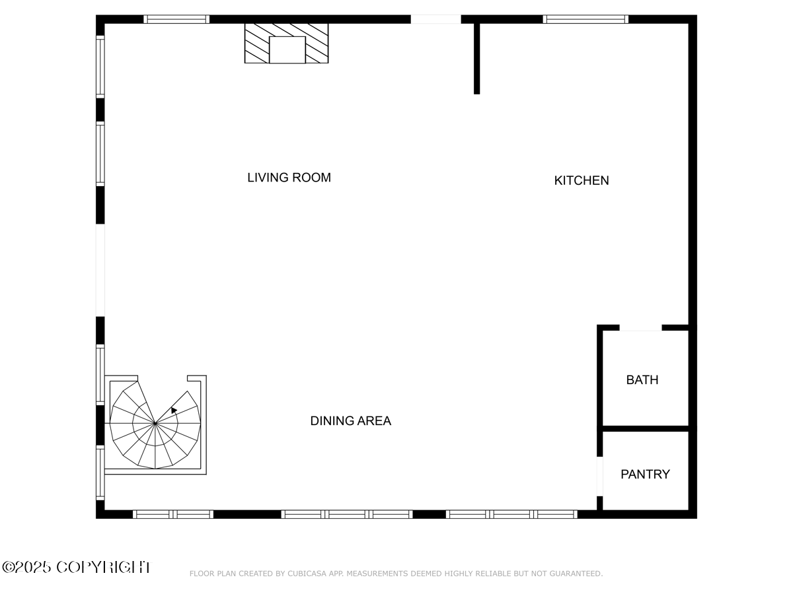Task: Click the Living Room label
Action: (x=289, y=178)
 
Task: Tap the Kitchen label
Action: (x=582, y=180)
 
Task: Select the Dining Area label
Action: (x=350, y=420)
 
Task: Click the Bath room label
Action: (x=642, y=379)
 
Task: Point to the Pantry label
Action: (x=645, y=475)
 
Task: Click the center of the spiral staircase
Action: (x=155, y=423)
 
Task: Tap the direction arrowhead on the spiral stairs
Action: (x=174, y=410)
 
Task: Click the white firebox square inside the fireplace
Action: (x=287, y=49)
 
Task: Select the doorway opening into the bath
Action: (x=640, y=328)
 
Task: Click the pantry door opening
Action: (x=600, y=476)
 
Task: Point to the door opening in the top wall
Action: (x=435, y=19)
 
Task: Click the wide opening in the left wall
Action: (x=100, y=270)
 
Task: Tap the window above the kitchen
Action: (x=585, y=19)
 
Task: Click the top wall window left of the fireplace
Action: (x=176, y=19)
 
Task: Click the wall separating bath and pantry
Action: (x=645, y=428)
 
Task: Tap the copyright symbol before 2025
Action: (x=8, y=568)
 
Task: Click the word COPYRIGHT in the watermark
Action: (x=104, y=567)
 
